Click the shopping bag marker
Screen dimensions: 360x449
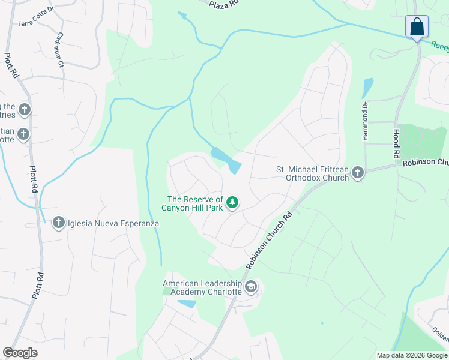[x=417, y=27]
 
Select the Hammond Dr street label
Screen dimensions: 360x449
[x=364, y=122]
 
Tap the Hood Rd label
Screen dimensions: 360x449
[x=396, y=144]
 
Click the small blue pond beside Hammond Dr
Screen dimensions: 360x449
[x=367, y=88]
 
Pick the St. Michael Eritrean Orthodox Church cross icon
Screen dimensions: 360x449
[x=358, y=173]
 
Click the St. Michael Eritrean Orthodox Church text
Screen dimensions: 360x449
[x=312, y=173]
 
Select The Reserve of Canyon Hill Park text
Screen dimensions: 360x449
[x=195, y=203]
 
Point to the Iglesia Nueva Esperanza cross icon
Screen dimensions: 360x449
[x=59, y=223]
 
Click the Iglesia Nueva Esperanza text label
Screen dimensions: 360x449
[x=113, y=223]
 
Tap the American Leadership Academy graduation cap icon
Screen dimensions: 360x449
[x=251, y=287]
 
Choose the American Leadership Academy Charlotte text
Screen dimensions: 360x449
[x=202, y=287]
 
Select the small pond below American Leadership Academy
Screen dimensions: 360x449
[x=187, y=304]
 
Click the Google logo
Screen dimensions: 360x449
[x=20, y=353]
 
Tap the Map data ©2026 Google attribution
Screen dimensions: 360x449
[x=411, y=355]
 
